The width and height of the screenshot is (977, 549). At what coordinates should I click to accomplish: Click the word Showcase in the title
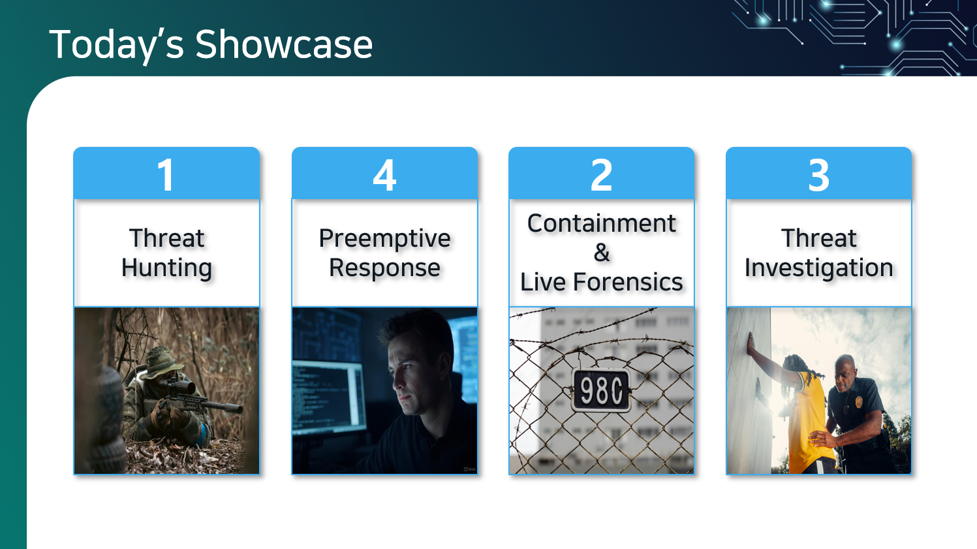[283, 44]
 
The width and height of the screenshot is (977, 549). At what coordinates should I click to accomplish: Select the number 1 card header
[166, 173]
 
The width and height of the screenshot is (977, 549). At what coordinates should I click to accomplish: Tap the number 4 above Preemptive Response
[384, 175]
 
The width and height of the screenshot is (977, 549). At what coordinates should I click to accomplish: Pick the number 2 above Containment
[601, 174]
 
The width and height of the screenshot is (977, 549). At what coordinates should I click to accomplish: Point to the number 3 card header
[818, 173]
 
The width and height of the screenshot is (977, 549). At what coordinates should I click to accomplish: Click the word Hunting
[166, 268]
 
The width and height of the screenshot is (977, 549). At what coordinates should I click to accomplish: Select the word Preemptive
[384, 239]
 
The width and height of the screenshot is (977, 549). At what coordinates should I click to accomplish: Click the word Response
[384, 268]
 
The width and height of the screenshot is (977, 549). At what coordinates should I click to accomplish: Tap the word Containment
[602, 223]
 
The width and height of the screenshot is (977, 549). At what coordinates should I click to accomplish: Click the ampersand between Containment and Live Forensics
[602, 253]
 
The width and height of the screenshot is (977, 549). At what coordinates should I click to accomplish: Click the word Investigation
[818, 268]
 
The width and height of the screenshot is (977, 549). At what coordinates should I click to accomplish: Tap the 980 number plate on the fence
[601, 390]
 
